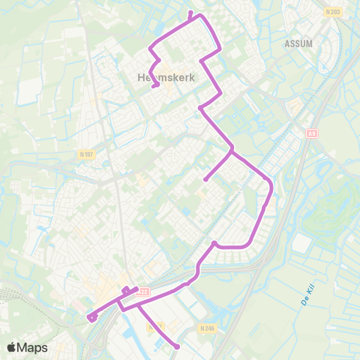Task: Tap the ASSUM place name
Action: (298, 43)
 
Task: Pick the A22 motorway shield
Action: (145, 292)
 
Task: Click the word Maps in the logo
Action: (32, 348)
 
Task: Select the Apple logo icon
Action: (12, 347)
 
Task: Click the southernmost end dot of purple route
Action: (178, 346)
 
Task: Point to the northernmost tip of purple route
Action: (190, 13)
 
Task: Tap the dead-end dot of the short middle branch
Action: (205, 179)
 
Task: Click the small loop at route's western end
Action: (91, 317)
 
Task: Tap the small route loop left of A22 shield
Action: (125, 290)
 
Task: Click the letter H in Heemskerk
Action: (142, 77)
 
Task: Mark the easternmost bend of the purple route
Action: (271, 185)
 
